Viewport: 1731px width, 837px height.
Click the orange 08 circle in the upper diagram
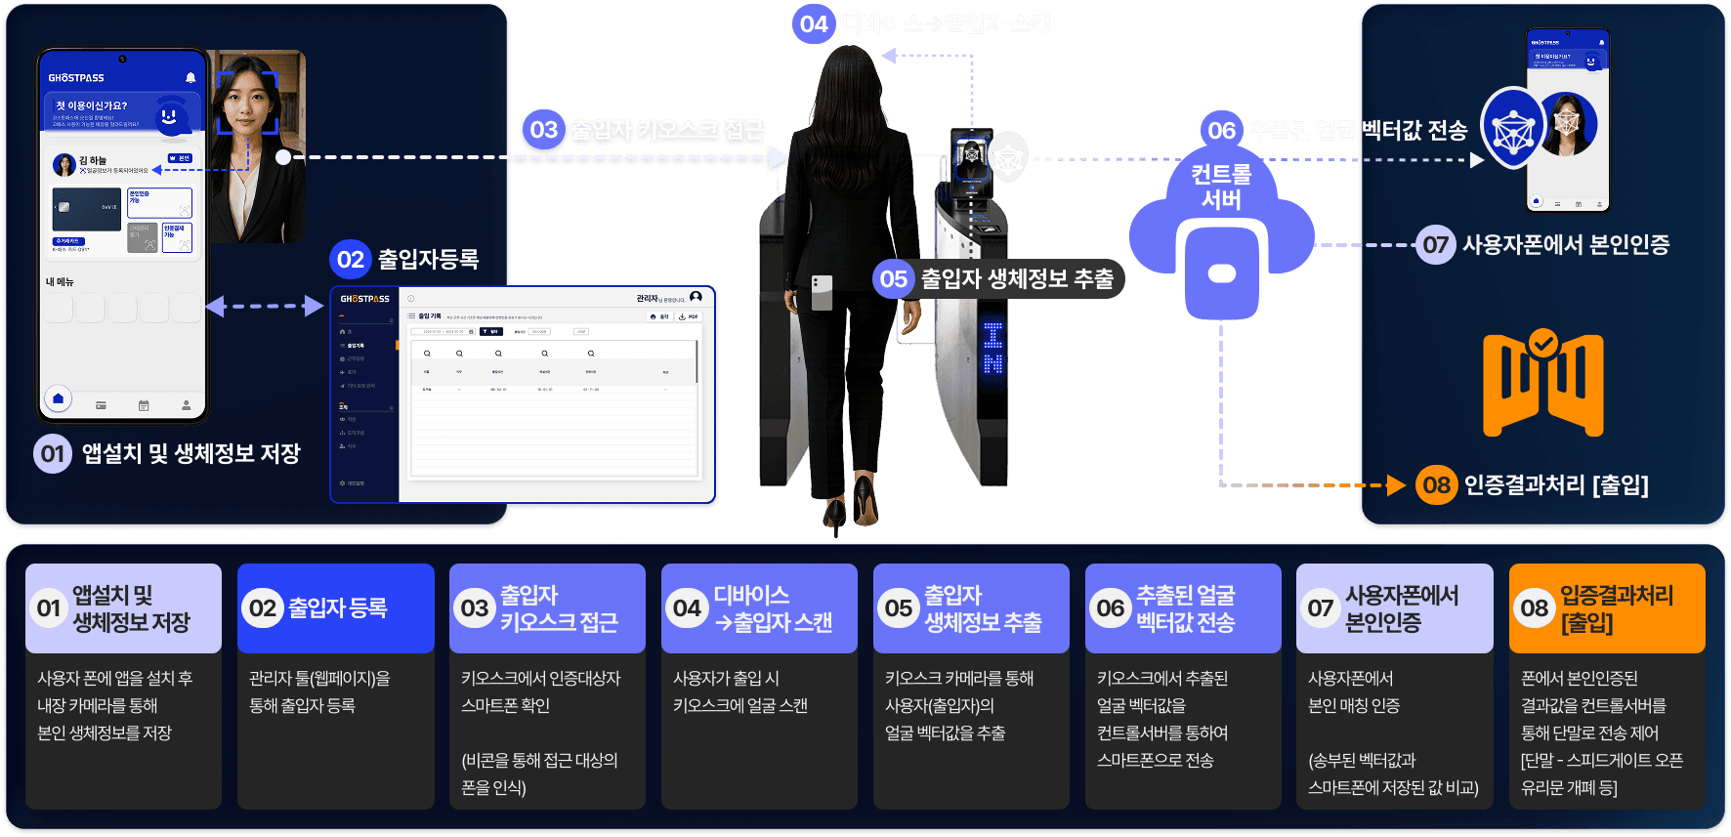coord(1436,484)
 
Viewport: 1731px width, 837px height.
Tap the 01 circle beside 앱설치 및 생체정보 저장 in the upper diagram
coord(53,453)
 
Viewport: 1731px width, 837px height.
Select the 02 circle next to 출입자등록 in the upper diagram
coord(350,260)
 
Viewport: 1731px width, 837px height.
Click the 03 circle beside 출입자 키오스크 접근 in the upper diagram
coord(543,130)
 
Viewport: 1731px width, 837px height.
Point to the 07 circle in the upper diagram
coord(1435,244)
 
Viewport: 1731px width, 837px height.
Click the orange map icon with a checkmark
coord(1542,384)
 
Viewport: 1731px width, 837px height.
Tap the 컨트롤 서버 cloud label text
coord(1221,187)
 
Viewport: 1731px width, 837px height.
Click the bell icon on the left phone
coord(190,77)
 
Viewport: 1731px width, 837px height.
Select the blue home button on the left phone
coord(58,398)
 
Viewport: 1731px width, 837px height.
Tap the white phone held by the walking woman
coord(822,292)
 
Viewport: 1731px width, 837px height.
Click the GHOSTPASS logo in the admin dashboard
coord(364,299)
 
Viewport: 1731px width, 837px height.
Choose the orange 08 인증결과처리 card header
coord(1607,608)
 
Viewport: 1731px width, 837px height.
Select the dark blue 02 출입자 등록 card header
coord(335,608)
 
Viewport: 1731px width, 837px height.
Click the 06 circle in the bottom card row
coord(1110,608)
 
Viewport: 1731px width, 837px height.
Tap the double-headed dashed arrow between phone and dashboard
coord(265,307)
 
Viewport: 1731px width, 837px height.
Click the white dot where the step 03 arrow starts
coord(283,156)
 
